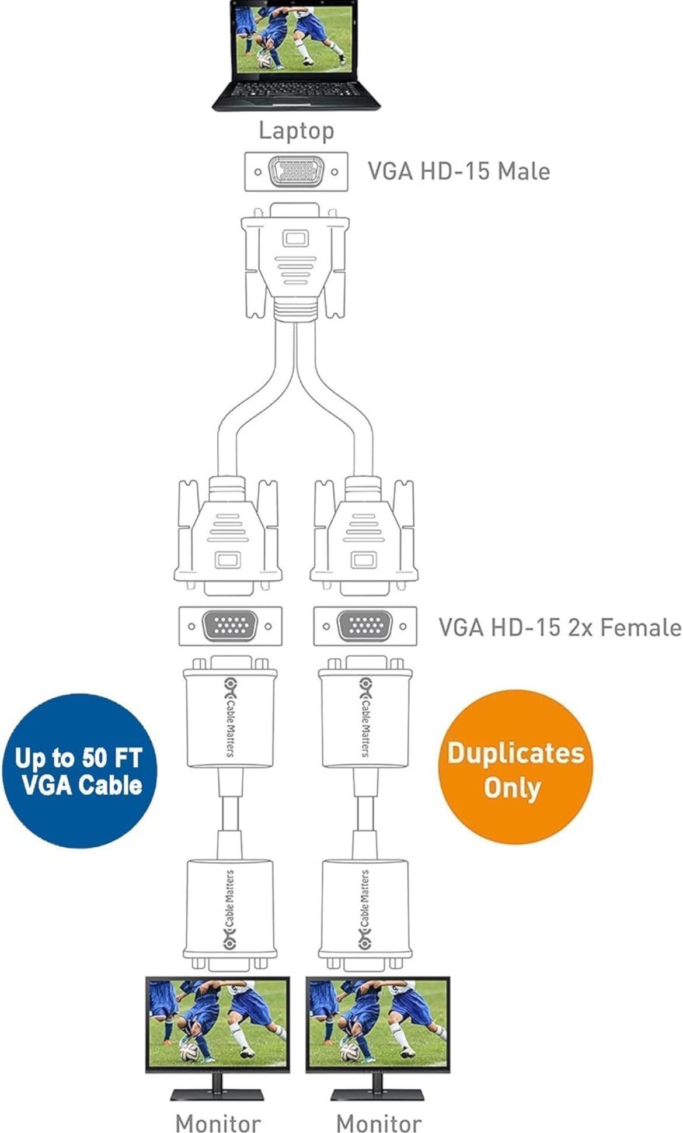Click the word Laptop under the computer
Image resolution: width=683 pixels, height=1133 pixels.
tap(296, 130)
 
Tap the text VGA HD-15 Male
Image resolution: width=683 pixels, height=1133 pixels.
tap(458, 171)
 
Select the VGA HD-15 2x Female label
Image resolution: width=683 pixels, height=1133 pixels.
tap(559, 627)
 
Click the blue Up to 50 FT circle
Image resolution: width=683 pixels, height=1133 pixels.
tap(80, 771)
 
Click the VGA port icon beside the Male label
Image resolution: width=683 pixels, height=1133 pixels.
tap(296, 172)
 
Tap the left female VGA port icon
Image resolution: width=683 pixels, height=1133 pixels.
tap(230, 626)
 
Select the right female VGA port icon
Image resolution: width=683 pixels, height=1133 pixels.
tap(365, 626)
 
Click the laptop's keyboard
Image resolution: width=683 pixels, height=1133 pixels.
tap(296, 91)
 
